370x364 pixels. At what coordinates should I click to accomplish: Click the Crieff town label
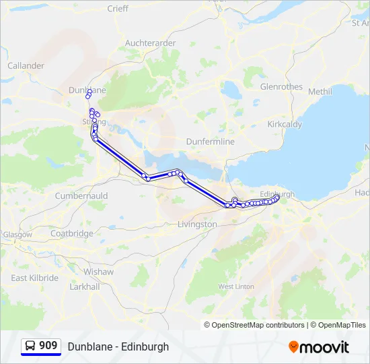click(118, 9)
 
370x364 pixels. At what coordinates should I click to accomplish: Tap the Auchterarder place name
click(150, 43)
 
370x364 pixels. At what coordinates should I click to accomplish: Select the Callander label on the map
click(26, 66)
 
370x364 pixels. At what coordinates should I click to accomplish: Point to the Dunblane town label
click(87, 90)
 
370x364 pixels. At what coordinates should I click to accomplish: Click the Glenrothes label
click(281, 86)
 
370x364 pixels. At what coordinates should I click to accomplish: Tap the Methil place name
click(320, 92)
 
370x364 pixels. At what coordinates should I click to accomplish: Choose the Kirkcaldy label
click(285, 125)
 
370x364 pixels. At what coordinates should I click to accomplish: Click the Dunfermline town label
click(210, 142)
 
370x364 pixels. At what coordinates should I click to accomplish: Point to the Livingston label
click(197, 224)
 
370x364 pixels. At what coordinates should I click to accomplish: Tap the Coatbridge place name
click(71, 234)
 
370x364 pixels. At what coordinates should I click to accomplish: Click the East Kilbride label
click(35, 278)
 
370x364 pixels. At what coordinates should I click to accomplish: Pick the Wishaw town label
click(98, 272)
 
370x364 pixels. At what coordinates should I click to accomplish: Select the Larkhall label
click(84, 286)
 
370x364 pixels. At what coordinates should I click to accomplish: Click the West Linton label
click(236, 286)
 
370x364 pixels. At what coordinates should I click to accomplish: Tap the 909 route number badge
click(48, 346)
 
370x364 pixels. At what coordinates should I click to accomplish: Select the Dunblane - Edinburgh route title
click(118, 347)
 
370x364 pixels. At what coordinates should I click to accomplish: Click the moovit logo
click(319, 347)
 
